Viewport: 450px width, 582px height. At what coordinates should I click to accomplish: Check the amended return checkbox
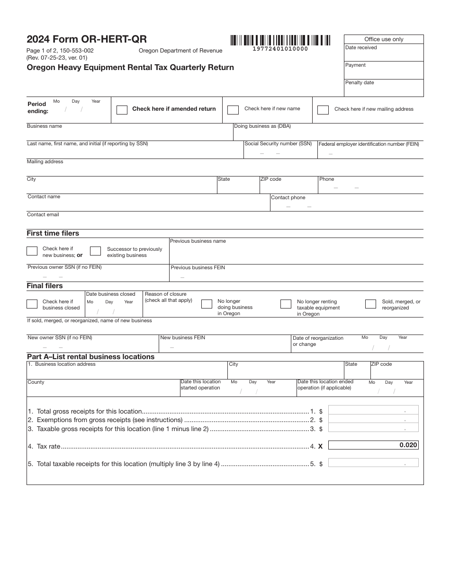(122, 110)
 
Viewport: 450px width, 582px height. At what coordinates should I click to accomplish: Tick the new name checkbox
(233, 110)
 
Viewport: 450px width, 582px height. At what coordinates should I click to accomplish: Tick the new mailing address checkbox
(323, 110)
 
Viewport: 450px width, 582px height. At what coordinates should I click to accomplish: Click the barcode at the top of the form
(280, 40)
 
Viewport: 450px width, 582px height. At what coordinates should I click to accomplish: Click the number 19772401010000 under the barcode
(280, 49)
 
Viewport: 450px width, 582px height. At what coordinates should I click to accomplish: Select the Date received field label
(361, 48)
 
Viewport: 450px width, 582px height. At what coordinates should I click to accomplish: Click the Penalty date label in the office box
(360, 83)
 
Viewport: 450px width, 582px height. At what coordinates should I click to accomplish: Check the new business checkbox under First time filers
(32, 251)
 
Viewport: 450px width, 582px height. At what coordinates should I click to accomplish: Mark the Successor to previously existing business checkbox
(95, 251)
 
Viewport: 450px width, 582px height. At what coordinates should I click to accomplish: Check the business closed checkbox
(32, 304)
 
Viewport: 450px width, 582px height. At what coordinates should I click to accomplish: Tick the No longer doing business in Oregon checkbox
(207, 304)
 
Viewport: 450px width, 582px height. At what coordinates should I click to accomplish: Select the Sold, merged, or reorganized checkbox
(370, 304)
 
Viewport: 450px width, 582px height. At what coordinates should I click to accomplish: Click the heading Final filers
(45, 286)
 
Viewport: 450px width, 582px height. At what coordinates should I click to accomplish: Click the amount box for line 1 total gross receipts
(373, 410)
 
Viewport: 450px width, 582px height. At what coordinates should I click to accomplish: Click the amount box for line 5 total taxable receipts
(373, 463)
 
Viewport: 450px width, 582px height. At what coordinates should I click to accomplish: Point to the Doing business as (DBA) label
(262, 126)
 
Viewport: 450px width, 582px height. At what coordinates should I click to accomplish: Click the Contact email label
(43, 215)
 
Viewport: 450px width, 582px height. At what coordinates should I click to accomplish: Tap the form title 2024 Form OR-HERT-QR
(87, 40)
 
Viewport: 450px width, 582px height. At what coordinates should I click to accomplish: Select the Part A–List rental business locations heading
(90, 357)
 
